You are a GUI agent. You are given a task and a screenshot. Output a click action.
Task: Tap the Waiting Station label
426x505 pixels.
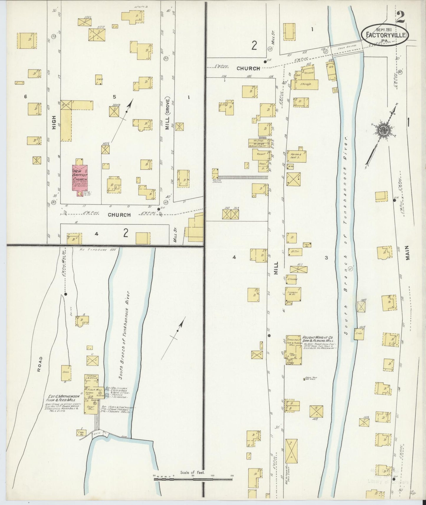click(217, 182)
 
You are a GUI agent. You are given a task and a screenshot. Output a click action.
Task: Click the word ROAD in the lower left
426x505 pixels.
click(40, 364)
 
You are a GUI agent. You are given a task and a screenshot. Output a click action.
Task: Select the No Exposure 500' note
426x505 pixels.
click(98, 250)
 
